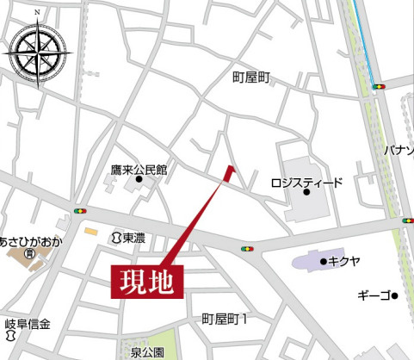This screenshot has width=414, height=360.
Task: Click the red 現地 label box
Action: pos(147,282)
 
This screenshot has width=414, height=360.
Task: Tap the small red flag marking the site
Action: pos(229,172)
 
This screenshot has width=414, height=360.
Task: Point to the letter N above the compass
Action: pos(37,13)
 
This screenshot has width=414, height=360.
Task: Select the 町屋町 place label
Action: pos(251,78)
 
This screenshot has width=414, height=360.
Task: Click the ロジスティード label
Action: pos(306,183)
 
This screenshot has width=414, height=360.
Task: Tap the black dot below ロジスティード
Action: pos(306,196)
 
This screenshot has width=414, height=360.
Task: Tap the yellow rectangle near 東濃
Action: pos(90,231)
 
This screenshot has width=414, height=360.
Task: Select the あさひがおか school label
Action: pos(31,241)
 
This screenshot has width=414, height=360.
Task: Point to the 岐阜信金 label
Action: pos(28,325)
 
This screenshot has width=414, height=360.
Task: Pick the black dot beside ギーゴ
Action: pos(394,297)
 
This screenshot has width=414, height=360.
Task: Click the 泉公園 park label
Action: pos(147,352)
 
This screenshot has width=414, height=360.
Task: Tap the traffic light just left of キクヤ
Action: pos(249,250)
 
